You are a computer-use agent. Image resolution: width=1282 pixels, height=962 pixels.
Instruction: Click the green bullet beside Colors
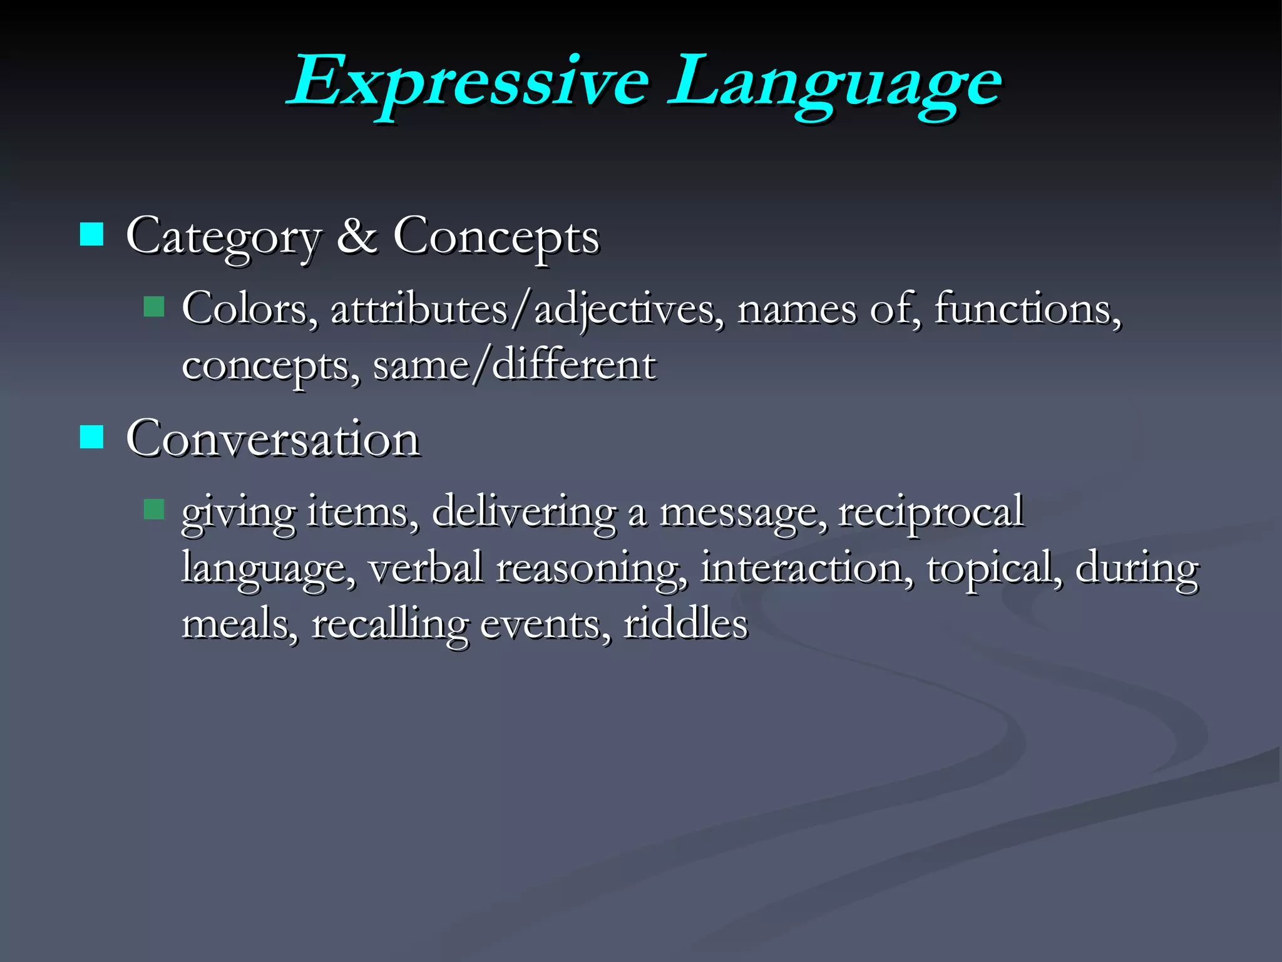pyautogui.click(x=153, y=307)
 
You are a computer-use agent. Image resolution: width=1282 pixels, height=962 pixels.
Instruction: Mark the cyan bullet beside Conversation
pyautogui.click(x=92, y=437)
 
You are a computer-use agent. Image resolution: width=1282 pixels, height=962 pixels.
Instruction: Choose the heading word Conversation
pyautogui.click(x=273, y=438)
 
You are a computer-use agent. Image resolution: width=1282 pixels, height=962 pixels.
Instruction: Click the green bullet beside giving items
pyautogui.click(x=153, y=509)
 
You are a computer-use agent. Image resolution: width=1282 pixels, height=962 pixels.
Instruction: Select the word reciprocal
pyautogui.click(x=931, y=512)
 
